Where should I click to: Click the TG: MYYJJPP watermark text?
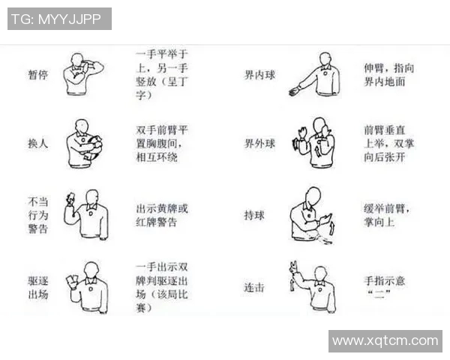click(x=59, y=19)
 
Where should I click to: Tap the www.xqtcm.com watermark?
click(x=385, y=340)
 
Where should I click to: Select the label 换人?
click(x=37, y=142)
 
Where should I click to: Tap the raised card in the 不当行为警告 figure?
click(x=70, y=198)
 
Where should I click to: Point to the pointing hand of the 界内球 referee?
click(x=294, y=91)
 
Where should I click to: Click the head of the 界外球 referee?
click(x=319, y=124)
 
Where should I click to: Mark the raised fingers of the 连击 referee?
click(x=292, y=265)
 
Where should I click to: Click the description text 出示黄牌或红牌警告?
click(x=161, y=215)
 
